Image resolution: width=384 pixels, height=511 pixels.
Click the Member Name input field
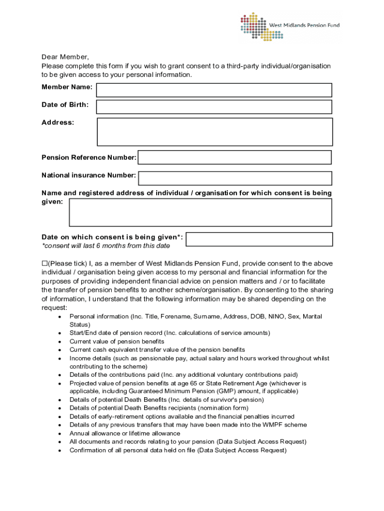[214, 90]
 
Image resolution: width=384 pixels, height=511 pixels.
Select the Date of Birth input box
[214, 107]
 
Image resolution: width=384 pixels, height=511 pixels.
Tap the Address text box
[214, 132]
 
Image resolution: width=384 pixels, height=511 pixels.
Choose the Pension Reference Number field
[234, 157]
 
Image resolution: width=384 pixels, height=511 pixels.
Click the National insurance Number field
[235, 178]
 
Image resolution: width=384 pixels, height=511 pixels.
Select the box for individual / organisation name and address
[200, 213]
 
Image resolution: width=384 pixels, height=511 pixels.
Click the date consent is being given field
[259, 239]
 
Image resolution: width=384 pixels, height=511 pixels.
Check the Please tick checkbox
[44, 263]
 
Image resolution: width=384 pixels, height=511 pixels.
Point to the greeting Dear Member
[65, 57]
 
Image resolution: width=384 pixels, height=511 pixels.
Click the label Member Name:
[67, 87]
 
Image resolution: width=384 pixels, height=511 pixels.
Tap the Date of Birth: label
[65, 105]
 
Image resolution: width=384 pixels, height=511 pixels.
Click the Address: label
[58, 122]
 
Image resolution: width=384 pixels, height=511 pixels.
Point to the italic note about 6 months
[106, 246]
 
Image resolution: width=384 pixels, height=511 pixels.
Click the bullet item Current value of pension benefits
[117, 341]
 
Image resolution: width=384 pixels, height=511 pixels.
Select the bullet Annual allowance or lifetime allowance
[125, 433]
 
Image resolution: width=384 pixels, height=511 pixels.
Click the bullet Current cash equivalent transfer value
[157, 350]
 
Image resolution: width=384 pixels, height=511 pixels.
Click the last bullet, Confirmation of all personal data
[178, 450]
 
